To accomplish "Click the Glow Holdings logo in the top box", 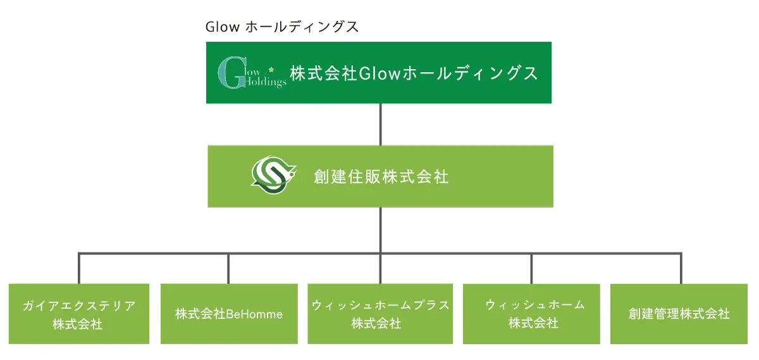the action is pos(252,73).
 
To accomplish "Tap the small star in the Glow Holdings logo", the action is pos(271,70).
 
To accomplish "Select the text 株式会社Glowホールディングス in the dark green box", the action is pos(414,73).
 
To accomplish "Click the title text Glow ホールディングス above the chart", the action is pos(282,27).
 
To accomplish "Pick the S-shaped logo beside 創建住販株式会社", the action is pos(273,175).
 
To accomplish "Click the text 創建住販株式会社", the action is pos(381,177).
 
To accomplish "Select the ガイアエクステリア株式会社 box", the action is pos(79,314).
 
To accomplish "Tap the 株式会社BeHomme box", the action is pos(229,314).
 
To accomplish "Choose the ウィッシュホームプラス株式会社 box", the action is pos(380,314).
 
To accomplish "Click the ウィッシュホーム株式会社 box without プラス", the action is pos(531,314).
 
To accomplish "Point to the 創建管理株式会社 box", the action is pos(679,314).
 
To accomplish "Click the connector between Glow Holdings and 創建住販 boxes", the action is pos(381,125).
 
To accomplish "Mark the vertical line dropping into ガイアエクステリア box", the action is pos(79,268).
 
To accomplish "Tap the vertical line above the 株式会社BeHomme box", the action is pos(228,269).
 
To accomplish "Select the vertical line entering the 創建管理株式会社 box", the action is pos(681,268).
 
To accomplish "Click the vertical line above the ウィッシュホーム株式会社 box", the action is pos(531,269).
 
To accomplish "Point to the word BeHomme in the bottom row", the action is pos(254,314).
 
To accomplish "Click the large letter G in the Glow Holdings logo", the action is pos(231,73).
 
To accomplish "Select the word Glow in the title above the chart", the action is pos(223,27).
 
